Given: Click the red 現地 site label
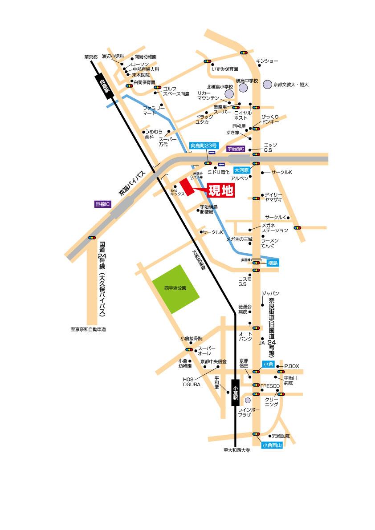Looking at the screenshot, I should click(x=221, y=190).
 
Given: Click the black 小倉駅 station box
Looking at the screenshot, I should click(x=235, y=392).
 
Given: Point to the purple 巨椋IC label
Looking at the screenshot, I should click(x=102, y=204).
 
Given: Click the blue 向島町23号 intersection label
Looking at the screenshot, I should click(x=204, y=146).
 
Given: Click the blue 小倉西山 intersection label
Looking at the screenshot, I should click(x=272, y=445).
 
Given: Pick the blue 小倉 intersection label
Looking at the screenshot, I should click(x=268, y=364).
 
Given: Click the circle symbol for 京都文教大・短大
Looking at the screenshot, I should click(x=267, y=84).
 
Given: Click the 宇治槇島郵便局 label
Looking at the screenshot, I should click(x=208, y=210).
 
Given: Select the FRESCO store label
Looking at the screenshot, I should click(x=270, y=385).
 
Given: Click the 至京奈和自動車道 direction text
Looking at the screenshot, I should click(x=88, y=330).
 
